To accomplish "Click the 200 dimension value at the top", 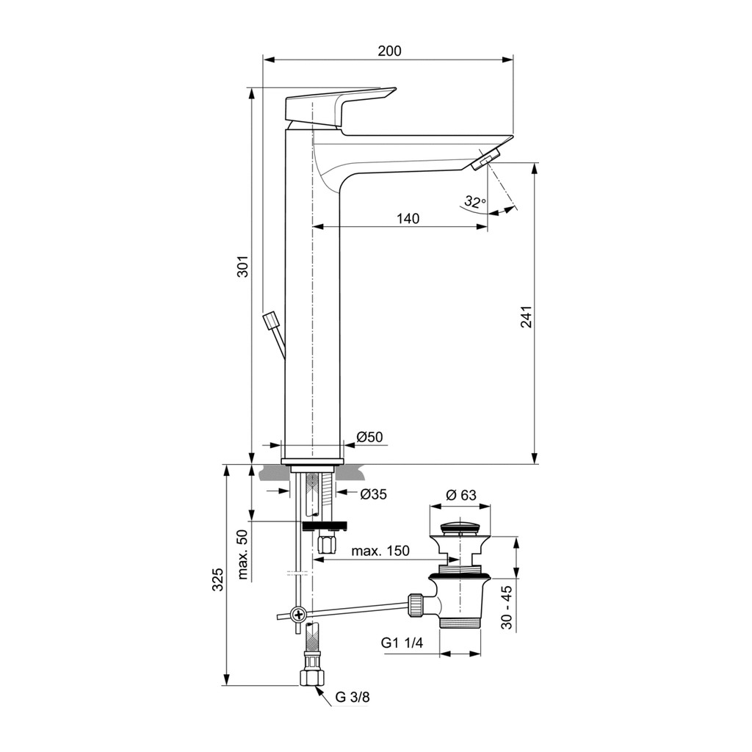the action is click(389, 51).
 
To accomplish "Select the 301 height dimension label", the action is click(244, 265).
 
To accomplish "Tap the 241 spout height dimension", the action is click(526, 317).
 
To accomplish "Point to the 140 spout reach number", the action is click(408, 219).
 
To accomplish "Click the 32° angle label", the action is click(475, 202).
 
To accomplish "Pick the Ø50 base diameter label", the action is click(370, 437).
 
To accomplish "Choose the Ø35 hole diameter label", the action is click(373, 494).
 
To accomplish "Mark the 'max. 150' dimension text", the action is click(380, 551).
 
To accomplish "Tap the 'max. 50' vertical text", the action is click(243, 554).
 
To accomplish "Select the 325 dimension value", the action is click(218, 579).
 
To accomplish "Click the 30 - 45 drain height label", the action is click(507, 607).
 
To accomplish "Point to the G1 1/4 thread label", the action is click(402, 643).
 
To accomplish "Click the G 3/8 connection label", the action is click(352, 697).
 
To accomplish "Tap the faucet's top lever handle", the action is click(341, 109).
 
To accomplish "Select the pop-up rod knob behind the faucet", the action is click(271, 319).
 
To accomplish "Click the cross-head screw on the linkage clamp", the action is click(299, 614).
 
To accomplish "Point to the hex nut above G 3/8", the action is click(312, 678).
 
